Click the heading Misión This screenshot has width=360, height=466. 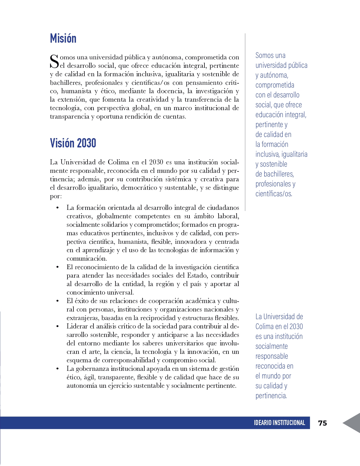63,38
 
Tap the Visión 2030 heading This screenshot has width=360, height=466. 73,143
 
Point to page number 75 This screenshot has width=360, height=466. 322,423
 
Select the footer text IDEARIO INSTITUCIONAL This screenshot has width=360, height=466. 279,423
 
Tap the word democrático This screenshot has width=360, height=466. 139,188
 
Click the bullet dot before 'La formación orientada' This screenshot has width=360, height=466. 58,208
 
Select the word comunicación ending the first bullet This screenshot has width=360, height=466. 86,259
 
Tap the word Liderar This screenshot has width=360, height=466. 77,326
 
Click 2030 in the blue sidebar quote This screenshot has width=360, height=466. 296,326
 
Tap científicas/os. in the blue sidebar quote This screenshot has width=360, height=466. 274,194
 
